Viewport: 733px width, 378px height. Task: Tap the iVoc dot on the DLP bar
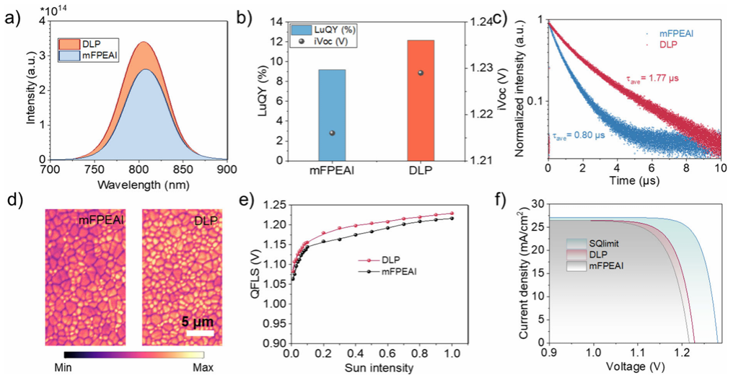pyautogui.click(x=421, y=73)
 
